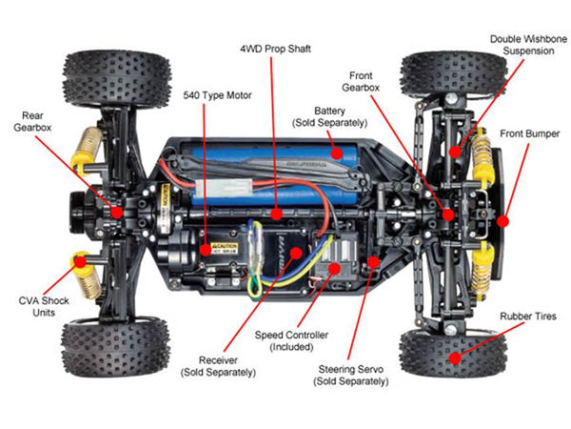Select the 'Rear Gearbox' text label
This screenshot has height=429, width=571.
31,121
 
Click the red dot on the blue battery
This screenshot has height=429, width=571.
335,150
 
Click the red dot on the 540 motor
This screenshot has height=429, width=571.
206,249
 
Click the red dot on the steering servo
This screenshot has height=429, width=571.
373,259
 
